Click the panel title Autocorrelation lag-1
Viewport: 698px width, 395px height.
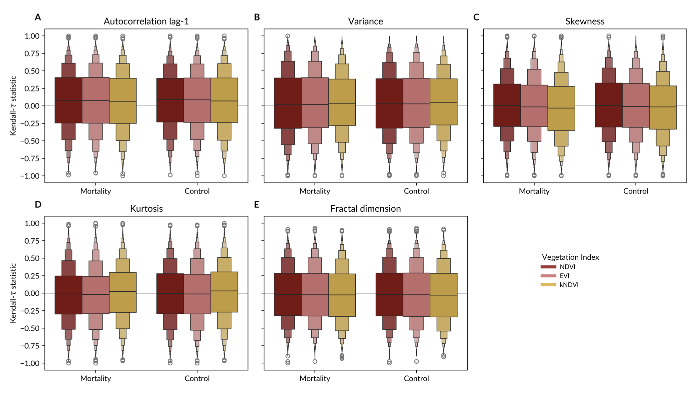(x=146, y=21)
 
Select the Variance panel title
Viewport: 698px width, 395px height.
(x=365, y=21)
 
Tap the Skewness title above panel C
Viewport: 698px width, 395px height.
(x=585, y=21)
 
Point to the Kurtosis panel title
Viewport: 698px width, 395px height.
(x=146, y=209)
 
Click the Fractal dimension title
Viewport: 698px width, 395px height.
(x=365, y=209)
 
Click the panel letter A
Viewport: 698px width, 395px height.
(x=38, y=17)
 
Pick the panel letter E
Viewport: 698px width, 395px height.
(x=257, y=205)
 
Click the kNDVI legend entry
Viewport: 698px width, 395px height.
(x=569, y=285)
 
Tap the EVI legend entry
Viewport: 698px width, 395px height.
(x=564, y=276)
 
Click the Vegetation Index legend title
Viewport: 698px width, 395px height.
(x=570, y=257)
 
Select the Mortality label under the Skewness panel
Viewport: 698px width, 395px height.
(x=534, y=191)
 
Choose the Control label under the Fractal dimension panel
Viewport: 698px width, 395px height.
(x=416, y=379)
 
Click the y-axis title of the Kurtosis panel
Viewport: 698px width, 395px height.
(x=13, y=293)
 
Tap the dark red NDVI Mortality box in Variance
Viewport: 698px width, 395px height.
(x=288, y=103)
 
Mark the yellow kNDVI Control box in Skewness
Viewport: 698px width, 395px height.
(x=663, y=107)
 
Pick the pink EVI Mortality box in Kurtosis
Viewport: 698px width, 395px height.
(x=95, y=295)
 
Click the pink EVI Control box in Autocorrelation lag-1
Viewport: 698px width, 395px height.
(x=197, y=100)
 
